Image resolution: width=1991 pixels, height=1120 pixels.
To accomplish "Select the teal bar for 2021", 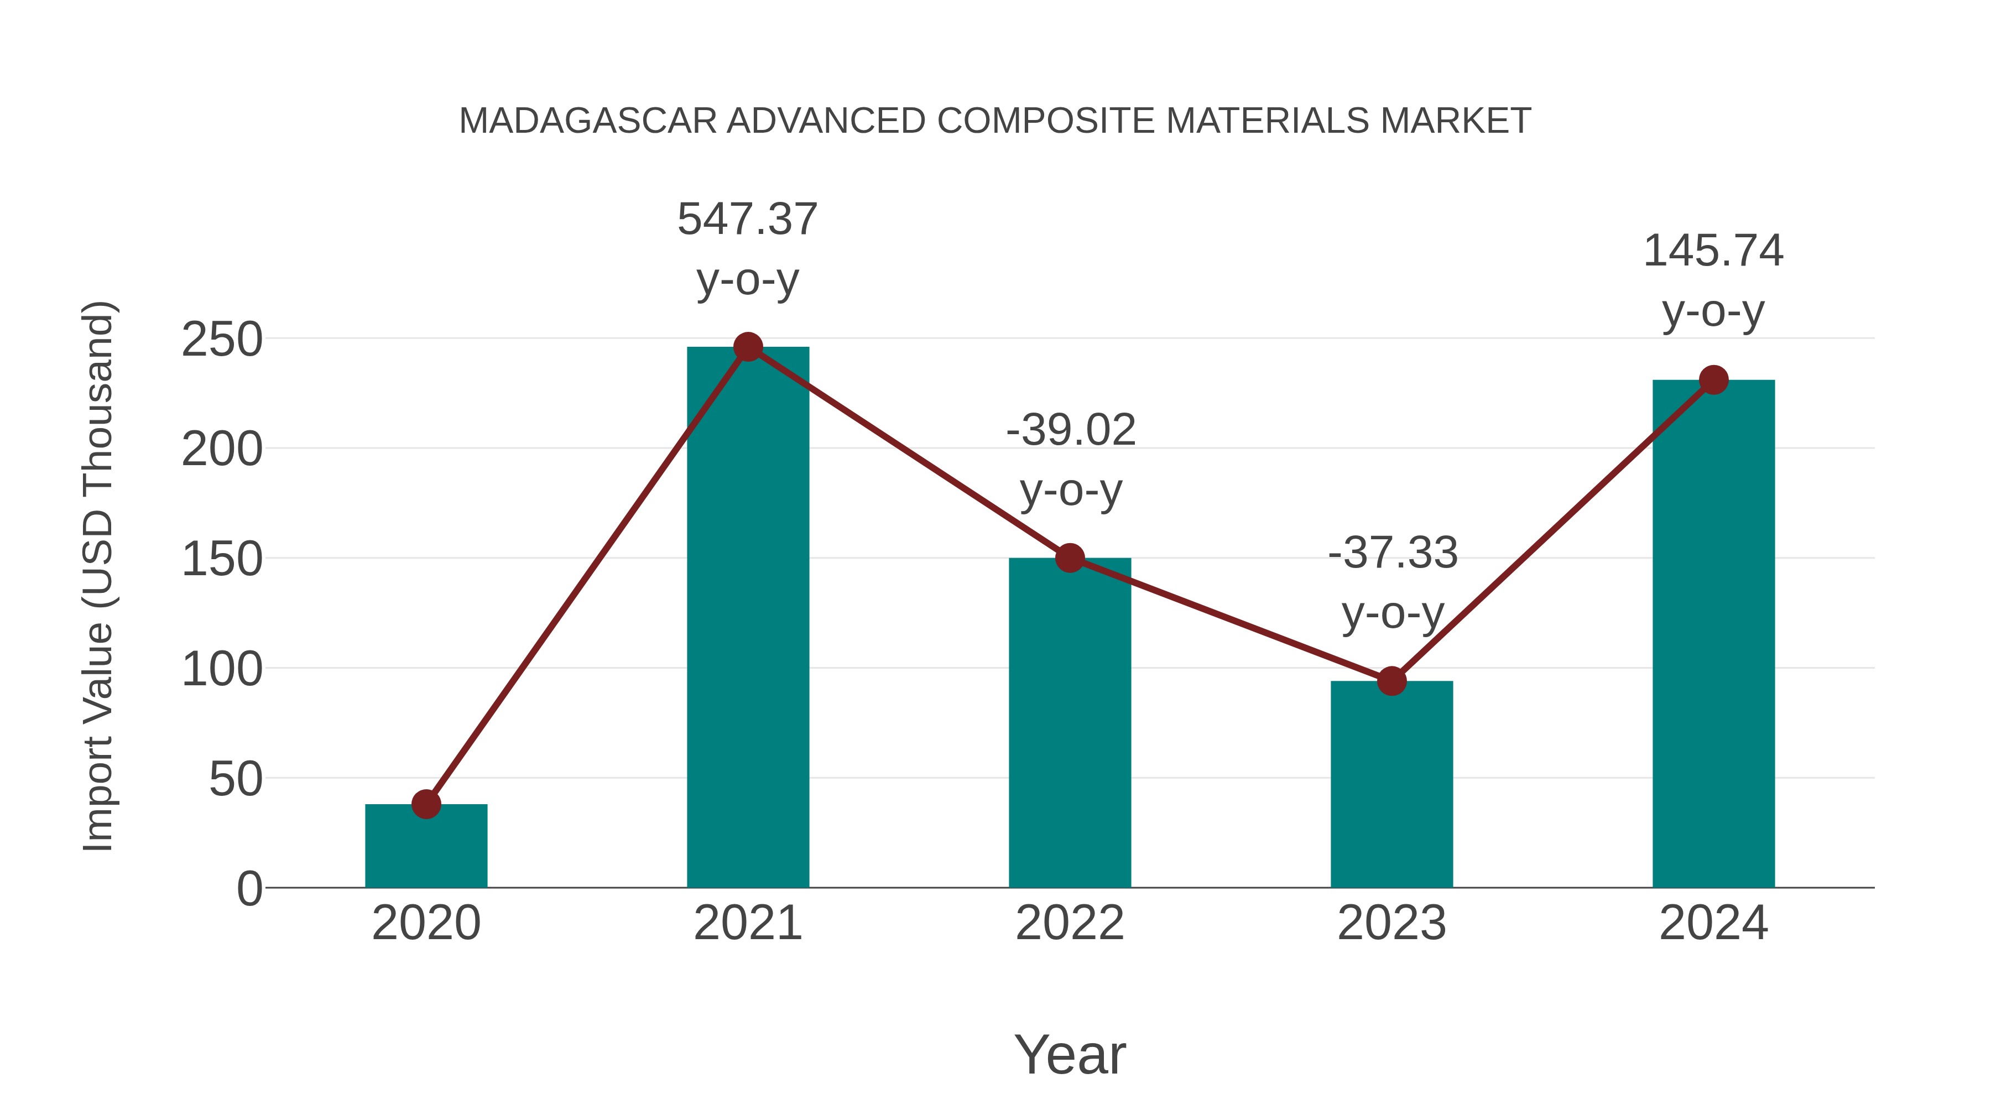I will [x=747, y=618].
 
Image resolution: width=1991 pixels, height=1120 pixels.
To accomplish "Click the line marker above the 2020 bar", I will [x=426, y=804].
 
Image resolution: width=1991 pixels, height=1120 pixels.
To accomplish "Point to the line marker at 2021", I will [x=747, y=347].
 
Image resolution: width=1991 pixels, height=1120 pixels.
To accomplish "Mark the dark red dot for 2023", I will [x=1391, y=681].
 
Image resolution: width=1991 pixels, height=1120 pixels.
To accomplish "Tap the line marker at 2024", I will [x=1713, y=379].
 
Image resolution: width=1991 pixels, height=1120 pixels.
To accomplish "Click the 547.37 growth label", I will [x=747, y=220].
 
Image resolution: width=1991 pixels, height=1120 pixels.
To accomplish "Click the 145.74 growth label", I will [x=1713, y=251].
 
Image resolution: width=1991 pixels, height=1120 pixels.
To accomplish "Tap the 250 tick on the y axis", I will [x=222, y=340].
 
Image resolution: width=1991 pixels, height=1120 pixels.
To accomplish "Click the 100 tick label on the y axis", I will [x=222, y=669].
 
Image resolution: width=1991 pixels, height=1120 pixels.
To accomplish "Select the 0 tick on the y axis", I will [x=249, y=889].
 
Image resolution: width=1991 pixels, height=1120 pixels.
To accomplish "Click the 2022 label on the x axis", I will [x=1070, y=923].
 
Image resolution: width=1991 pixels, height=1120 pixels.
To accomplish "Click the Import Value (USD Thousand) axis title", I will [x=99, y=576].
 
